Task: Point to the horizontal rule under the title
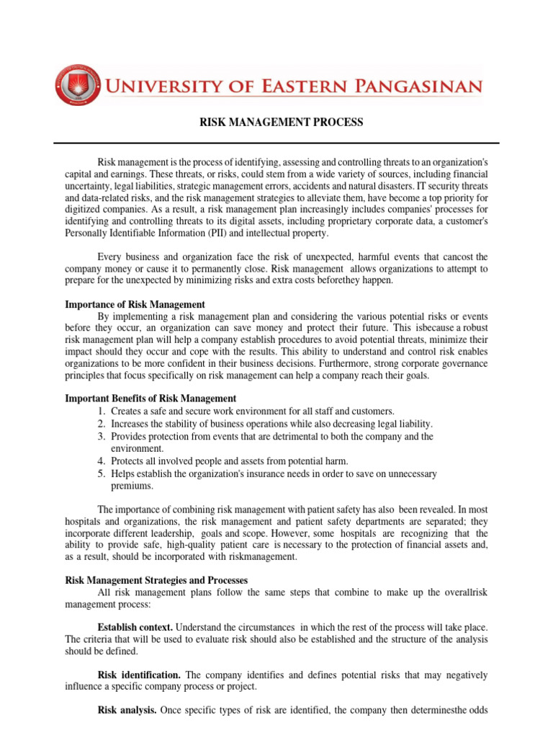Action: point(276,143)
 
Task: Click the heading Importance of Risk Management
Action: point(135,305)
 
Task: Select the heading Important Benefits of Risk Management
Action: point(150,399)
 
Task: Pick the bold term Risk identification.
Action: point(139,675)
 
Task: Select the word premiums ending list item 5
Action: point(132,485)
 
